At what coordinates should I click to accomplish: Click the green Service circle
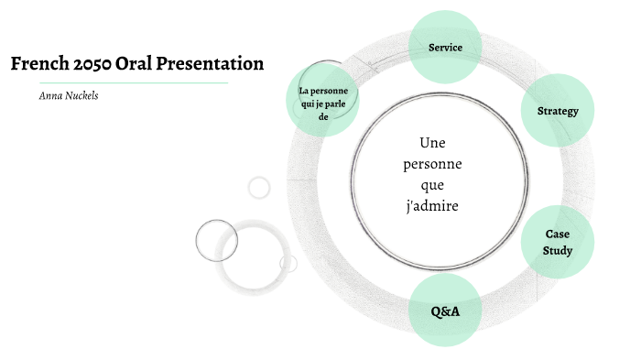coord(445,48)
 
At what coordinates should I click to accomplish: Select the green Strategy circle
coord(558,112)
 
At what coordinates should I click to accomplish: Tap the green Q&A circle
coord(445,311)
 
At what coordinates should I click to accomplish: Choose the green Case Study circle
coord(558,242)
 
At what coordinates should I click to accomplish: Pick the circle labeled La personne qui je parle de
coord(323,102)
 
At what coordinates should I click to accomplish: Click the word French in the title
coord(38,64)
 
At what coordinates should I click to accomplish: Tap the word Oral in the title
coord(145,64)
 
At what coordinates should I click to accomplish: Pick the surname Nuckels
coord(81,95)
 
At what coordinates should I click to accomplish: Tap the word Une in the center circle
coord(431,143)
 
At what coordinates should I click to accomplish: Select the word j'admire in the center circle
coord(431,206)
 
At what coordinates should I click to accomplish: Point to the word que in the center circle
coord(431,185)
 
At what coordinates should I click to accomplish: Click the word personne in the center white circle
coord(431,164)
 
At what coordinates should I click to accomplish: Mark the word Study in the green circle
coord(558,250)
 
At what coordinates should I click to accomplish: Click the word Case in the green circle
coord(558,235)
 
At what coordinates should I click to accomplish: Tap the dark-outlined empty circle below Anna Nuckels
coord(217,241)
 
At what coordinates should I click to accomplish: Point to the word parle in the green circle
coord(335,103)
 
